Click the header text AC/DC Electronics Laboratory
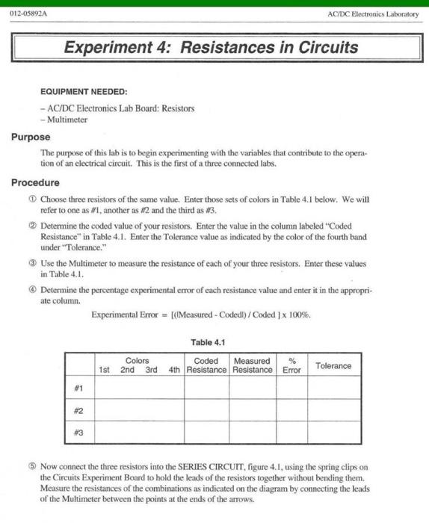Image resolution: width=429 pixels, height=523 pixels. [x=373, y=14]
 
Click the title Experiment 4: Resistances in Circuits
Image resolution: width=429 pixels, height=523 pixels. [x=211, y=49]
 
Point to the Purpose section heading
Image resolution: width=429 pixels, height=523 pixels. [x=31, y=137]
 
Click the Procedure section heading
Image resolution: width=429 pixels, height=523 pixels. [x=35, y=182]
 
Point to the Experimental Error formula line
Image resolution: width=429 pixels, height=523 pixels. [x=200, y=315]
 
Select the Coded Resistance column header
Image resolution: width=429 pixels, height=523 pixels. [x=206, y=365]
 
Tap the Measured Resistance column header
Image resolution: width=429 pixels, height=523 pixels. [x=253, y=365]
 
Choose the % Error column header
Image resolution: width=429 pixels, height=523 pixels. [x=291, y=365]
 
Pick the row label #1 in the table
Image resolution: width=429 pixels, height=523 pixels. [x=79, y=389]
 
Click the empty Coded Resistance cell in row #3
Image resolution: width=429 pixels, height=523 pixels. [x=206, y=433]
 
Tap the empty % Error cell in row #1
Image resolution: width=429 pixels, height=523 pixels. [x=291, y=389]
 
